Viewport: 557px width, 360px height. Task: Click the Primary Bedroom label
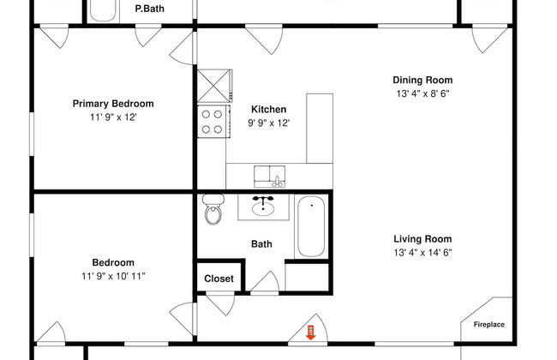pyautogui.click(x=113, y=104)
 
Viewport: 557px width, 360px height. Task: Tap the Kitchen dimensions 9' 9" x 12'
pyautogui.click(x=269, y=123)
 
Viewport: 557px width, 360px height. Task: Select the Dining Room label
pyautogui.click(x=422, y=80)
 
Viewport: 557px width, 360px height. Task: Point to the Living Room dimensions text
pyautogui.click(x=422, y=253)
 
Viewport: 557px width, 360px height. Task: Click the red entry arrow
pyautogui.click(x=310, y=333)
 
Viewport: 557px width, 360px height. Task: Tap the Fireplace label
pyautogui.click(x=488, y=325)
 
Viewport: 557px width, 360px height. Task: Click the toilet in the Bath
pyautogui.click(x=213, y=209)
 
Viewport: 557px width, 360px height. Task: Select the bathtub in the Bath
pyautogui.click(x=311, y=226)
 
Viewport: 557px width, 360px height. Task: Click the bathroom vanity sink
pyautogui.click(x=263, y=207)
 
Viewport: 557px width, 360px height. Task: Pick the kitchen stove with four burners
pyautogui.click(x=214, y=122)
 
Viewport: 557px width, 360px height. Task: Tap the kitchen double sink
pyautogui.click(x=269, y=177)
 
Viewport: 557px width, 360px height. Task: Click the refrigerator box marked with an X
pyautogui.click(x=214, y=86)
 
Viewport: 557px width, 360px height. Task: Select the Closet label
pyautogui.click(x=219, y=279)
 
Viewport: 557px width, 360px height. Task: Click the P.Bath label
pyautogui.click(x=150, y=9)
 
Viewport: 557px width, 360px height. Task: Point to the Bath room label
pyautogui.click(x=261, y=244)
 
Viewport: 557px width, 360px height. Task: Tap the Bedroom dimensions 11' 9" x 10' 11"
pyautogui.click(x=113, y=276)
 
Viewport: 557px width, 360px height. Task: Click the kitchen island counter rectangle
pyautogui.click(x=320, y=129)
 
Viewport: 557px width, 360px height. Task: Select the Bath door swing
pyautogui.click(x=266, y=283)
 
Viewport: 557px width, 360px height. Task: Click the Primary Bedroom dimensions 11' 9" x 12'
pyautogui.click(x=113, y=117)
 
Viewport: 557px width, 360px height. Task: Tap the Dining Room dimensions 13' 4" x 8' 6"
pyautogui.click(x=422, y=93)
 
